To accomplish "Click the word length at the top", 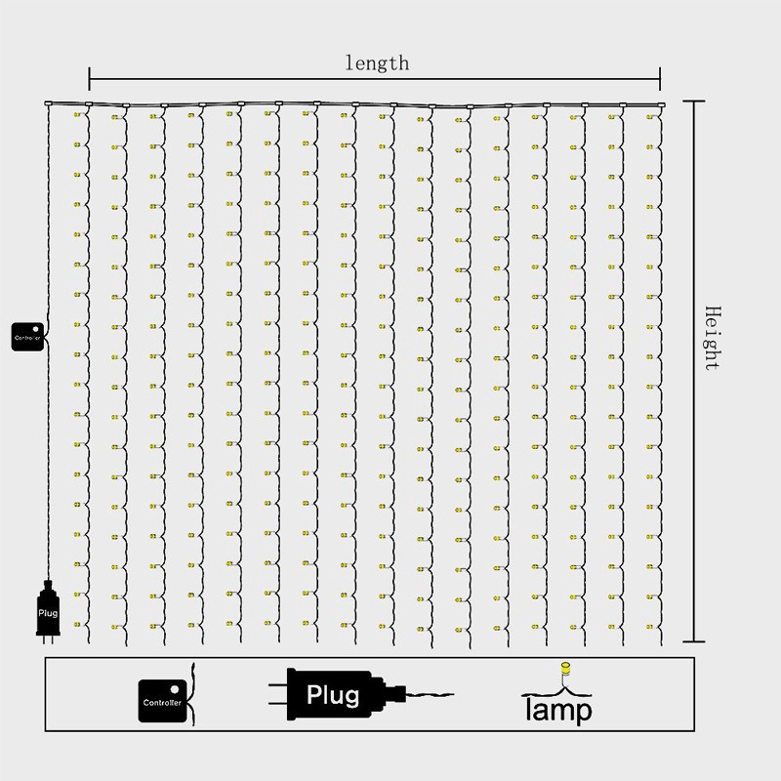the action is [377, 63].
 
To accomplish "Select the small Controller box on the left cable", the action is [27, 334].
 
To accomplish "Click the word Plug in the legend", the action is [333, 695].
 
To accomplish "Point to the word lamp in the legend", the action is [557, 710].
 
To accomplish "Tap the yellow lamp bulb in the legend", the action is [562, 671].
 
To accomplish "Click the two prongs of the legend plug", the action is [276, 694].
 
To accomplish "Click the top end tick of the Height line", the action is [693, 102].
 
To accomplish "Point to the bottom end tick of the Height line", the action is [693, 641].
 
